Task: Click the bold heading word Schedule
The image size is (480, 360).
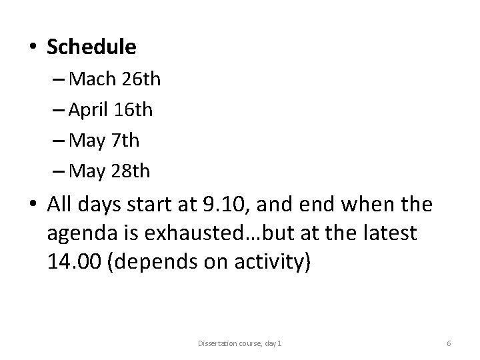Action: pos(92,47)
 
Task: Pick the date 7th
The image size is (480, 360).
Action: pos(125,141)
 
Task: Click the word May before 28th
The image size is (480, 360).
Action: pos(86,172)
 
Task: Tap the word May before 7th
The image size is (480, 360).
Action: pos(86,141)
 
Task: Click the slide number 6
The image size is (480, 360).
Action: pos(449,343)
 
